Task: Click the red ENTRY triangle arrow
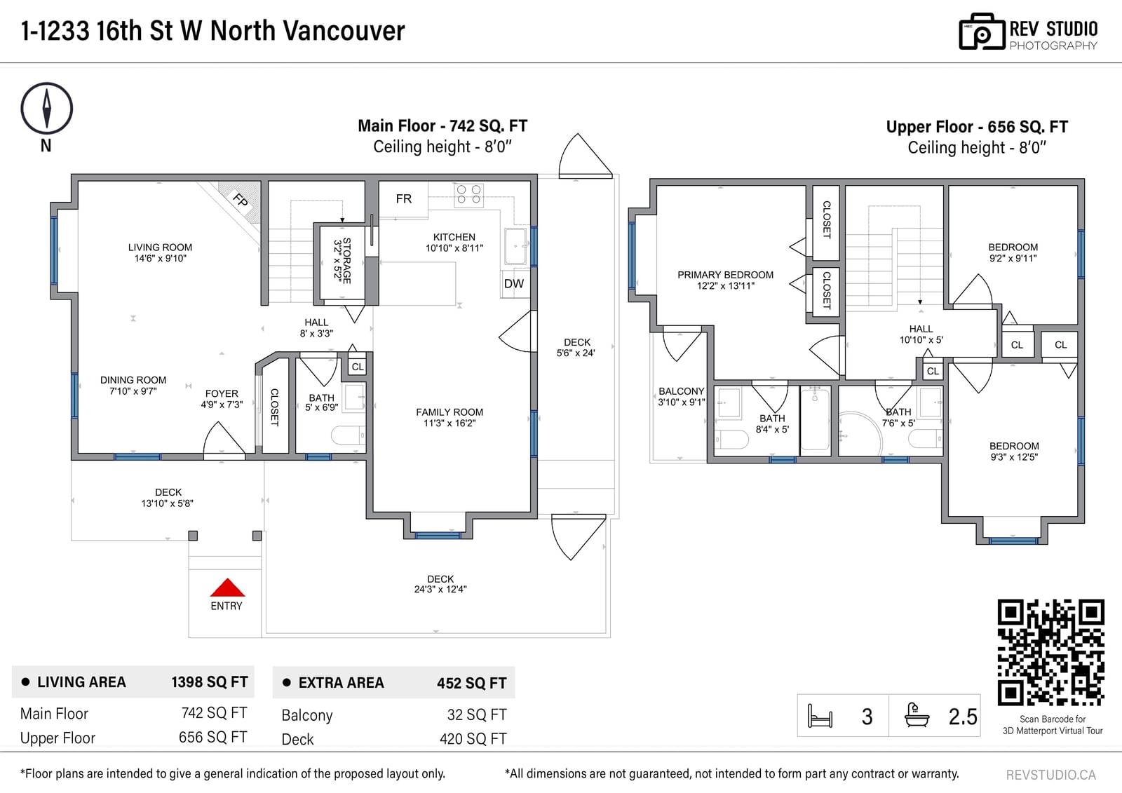coord(227,588)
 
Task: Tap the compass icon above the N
coord(46,108)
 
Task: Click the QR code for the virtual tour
coord(1051,652)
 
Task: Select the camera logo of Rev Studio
coord(982,32)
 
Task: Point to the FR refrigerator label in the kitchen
coord(404,199)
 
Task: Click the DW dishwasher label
coord(514,284)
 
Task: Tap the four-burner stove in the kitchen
coord(469,195)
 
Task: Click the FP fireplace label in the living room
coord(241,200)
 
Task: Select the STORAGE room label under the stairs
coord(343,261)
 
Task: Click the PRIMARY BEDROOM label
coord(725,280)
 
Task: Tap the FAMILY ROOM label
coord(450,417)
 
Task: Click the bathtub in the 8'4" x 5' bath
coord(815,420)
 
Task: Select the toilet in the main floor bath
coord(349,436)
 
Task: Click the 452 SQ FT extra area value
coord(471,684)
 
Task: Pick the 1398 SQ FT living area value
coord(210,682)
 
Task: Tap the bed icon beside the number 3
coord(820,715)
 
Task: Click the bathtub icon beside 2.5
coord(917,715)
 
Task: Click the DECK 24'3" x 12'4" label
coord(440,584)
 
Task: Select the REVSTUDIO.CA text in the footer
coord(1051,775)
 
